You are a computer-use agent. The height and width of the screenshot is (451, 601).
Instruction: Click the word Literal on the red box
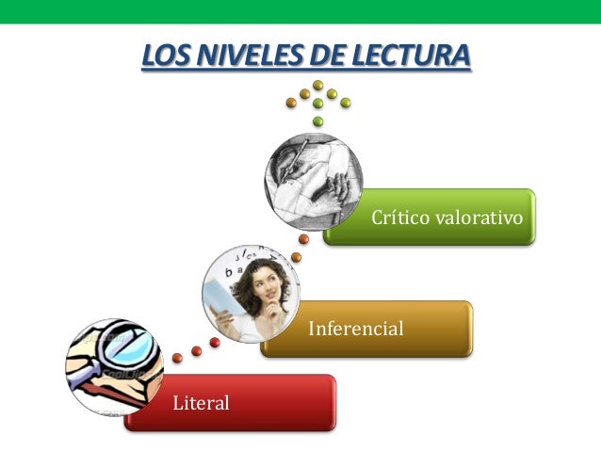[x=201, y=404]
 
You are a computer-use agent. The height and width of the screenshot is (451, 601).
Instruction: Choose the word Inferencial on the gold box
[x=356, y=330]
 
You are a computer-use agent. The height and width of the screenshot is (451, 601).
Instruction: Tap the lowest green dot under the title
[x=317, y=121]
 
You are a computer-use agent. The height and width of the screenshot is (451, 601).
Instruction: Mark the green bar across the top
[x=300, y=10]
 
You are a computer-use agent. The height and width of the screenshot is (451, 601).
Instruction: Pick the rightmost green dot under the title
[x=346, y=102]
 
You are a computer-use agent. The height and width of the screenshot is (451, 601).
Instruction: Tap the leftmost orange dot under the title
[x=291, y=102]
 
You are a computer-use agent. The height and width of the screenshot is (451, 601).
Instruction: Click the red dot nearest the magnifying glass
[x=178, y=358]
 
